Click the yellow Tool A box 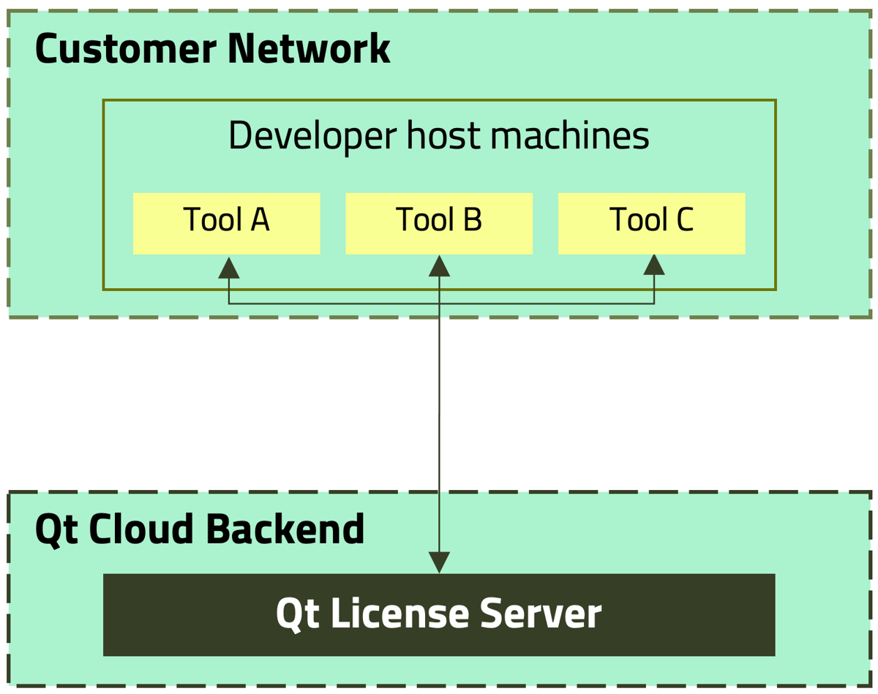point(226,223)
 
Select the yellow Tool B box point(438,223)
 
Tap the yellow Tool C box point(651,223)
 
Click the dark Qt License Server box point(439,614)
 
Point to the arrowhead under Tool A point(229,268)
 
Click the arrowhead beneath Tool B point(439,266)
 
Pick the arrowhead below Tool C point(654,265)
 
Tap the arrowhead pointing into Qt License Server point(439,562)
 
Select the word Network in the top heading point(309,49)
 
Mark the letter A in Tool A point(259,219)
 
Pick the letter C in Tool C point(683,219)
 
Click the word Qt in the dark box point(297,614)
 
